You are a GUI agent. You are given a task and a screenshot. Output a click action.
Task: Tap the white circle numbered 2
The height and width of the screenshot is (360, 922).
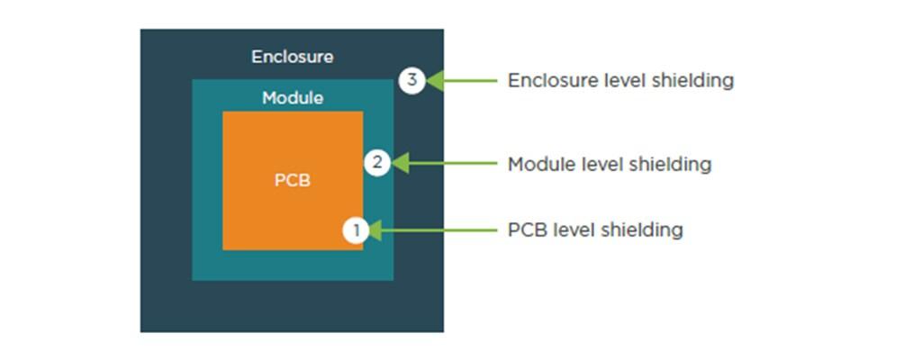pos(377,163)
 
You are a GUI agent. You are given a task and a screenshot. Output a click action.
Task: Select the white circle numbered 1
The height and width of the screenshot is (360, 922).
pos(356,230)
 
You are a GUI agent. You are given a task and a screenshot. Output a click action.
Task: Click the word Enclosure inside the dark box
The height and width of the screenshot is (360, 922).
pos(293,57)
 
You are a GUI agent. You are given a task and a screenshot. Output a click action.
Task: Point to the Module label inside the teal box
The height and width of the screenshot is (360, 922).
pos(293,97)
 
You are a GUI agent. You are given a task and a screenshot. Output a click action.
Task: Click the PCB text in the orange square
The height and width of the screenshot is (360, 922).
pos(293,181)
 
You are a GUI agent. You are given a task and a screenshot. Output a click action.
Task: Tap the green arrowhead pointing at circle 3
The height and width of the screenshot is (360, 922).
pos(435,81)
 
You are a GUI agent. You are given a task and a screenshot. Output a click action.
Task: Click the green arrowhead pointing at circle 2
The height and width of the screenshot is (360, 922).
pos(400,163)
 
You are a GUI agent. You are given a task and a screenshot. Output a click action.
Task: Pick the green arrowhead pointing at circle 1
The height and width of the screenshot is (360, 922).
pos(374,230)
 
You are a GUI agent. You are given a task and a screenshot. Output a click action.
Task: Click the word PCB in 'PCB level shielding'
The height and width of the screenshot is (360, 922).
pos(527,230)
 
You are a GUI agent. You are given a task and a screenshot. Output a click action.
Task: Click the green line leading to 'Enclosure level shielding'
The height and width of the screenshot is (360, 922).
pos(470,81)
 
